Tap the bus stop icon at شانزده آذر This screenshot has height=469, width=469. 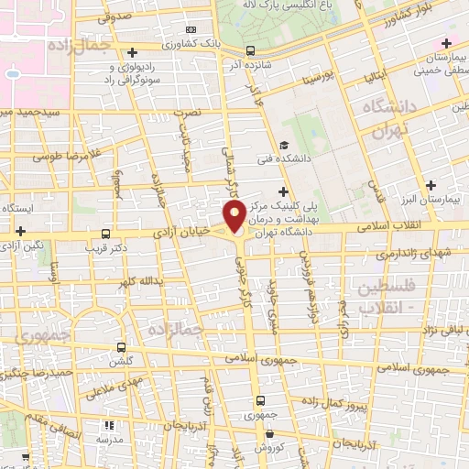pos(252,52)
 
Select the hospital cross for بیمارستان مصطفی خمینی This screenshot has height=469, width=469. pos(446,43)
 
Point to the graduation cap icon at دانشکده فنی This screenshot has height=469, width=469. pos(284,147)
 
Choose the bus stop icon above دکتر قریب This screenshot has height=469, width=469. pos(106,234)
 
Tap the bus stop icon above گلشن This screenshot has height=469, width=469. pos(123,348)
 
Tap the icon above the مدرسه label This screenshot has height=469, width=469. pos(109,426)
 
